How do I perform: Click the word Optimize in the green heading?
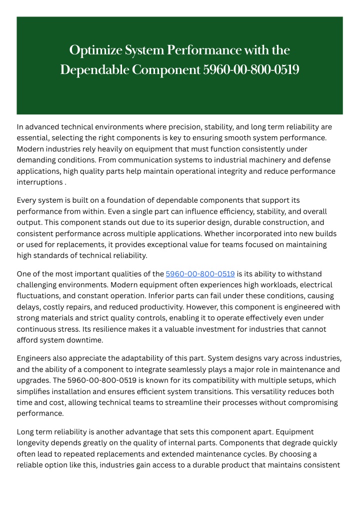point(91,50)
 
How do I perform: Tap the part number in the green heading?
point(251,70)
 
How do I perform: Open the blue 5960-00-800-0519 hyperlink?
point(200,274)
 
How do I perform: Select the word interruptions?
point(39,182)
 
